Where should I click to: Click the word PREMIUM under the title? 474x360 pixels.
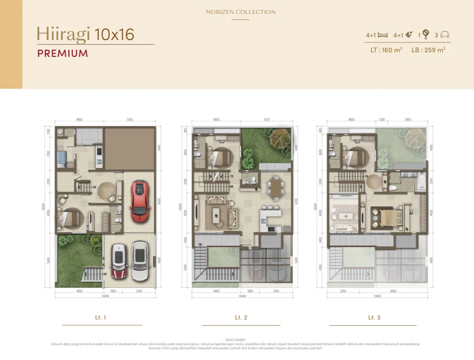point(62,53)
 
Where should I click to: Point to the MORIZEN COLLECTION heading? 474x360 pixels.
point(241,12)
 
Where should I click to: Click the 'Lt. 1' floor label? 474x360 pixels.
point(101,318)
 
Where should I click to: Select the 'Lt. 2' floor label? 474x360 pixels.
point(241,318)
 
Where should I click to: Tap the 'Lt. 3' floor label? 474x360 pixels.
point(374,318)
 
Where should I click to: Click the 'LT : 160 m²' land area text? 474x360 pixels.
point(384,50)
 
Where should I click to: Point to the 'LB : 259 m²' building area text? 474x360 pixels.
point(429,50)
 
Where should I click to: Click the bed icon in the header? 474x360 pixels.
point(383,35)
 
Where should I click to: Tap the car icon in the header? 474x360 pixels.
point(445,35)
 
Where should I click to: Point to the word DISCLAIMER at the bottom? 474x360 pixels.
point(235,340)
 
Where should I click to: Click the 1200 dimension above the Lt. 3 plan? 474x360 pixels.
point(382,120)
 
